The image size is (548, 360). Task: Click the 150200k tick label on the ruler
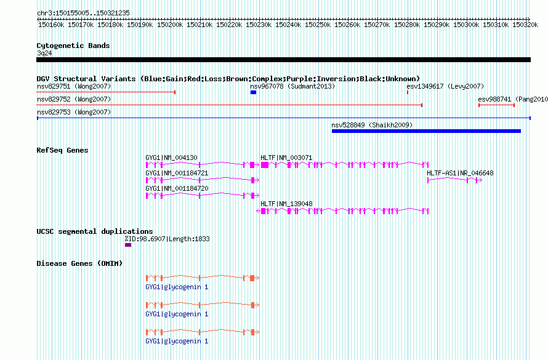pos(170,25)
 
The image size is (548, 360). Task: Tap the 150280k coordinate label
pos(407,25)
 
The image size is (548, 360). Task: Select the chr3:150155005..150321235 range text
pos(83,13)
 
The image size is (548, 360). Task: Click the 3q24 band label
pos(44,53)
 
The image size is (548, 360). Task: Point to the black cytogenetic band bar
pos(283,60)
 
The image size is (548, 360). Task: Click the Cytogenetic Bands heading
pos(73,46)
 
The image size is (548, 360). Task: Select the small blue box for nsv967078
pos(254,92)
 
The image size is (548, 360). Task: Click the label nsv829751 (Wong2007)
pos(74,86)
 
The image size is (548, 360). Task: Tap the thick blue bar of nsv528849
pos(426,131)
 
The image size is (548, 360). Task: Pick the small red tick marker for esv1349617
pos(408,92)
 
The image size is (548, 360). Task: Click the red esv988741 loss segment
pos(496,105)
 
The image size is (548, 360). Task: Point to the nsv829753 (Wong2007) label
pos(74,112)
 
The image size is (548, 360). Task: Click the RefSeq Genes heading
pos(62,150)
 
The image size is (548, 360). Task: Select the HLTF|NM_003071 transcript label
pos(286,158)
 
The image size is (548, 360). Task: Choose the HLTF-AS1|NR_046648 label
pos(460,173)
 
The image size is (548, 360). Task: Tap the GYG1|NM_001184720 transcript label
pos(177,188)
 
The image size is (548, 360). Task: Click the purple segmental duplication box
pos(128,245)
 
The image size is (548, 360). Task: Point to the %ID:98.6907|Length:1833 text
pos(167,239)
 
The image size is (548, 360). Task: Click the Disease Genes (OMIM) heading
pos(79,263)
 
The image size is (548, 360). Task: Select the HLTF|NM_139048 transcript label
pos(286,204)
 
